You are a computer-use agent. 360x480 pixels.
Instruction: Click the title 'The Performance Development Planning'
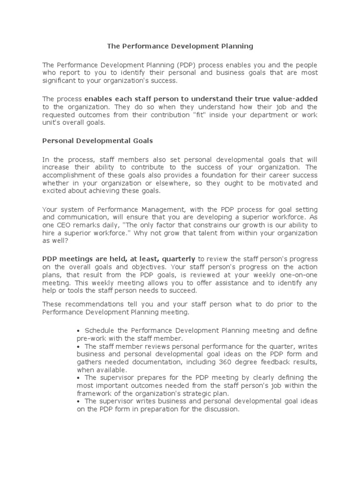[180, 46]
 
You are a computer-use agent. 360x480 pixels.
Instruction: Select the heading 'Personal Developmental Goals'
[97, 140]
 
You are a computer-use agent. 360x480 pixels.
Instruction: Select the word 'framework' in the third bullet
[94, 393]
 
